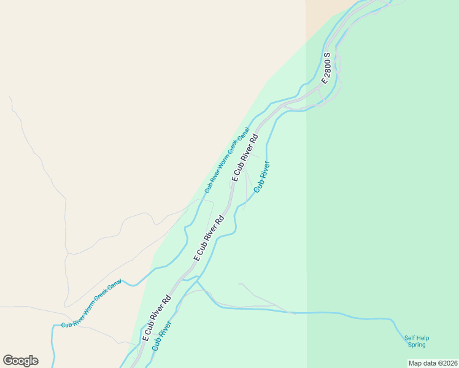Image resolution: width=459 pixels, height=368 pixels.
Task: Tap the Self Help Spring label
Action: point(417,341)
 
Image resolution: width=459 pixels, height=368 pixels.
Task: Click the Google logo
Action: point(20,361)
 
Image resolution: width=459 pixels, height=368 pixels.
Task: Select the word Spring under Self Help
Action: point(417,345)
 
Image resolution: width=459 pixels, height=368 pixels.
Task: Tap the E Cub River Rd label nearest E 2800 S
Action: point(245,157)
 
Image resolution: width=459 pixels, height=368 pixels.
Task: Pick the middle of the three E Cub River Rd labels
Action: point(209,238)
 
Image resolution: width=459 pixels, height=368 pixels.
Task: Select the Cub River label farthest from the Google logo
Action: point(262,177)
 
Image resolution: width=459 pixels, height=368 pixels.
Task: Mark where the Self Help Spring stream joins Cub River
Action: point(197,282)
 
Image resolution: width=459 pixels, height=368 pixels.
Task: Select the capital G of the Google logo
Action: point(8,361)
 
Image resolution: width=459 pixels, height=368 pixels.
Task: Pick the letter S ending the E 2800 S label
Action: point(327,55)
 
